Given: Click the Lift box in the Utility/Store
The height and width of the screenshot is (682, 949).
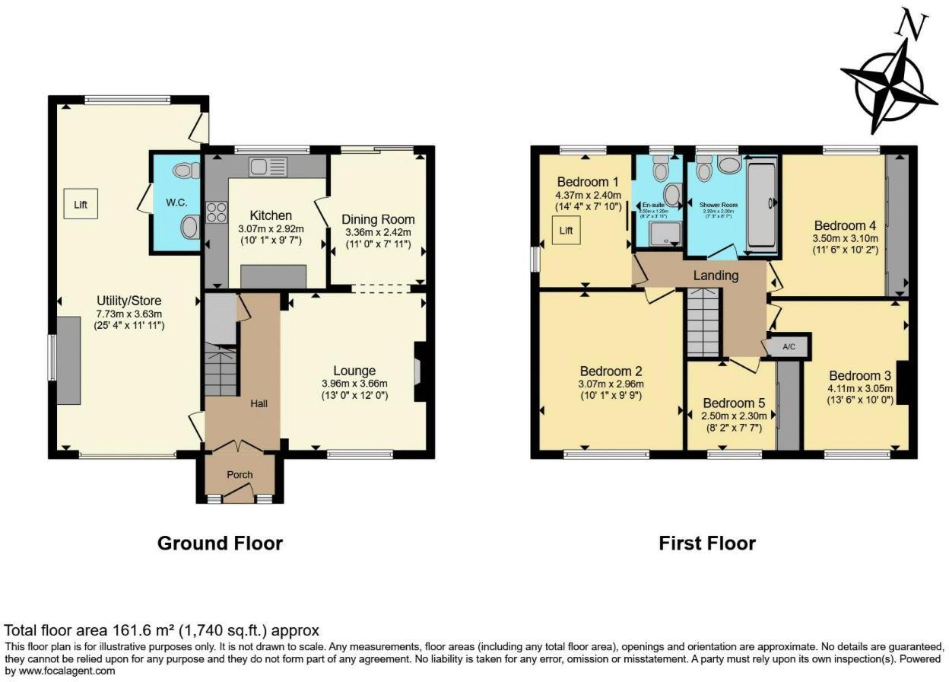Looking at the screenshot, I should [81, 205].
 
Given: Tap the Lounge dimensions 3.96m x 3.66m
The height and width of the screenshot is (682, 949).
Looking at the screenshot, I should [354, 384].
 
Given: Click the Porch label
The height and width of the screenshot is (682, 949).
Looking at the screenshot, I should [240, 474].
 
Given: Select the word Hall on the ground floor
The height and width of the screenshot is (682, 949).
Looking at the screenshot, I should [259, 403].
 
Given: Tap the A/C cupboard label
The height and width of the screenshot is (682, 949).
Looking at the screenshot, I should [789, 347].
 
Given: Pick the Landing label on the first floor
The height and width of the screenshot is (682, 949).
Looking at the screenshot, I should [716, 276].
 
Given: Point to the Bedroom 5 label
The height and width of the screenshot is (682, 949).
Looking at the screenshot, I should [733, 403].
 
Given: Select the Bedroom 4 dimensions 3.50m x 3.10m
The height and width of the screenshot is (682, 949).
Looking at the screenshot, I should [845, 238].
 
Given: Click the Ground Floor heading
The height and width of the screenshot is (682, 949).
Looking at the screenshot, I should [220, 543].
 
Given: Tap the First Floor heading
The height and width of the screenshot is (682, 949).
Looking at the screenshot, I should [707, 543].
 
